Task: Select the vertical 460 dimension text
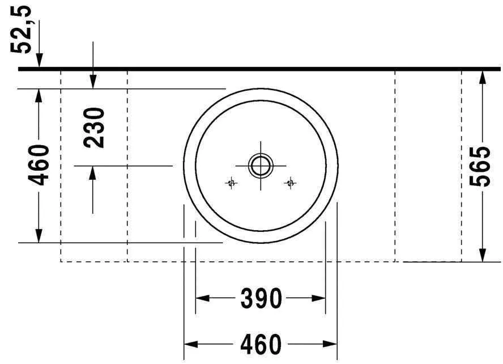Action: [39, 165]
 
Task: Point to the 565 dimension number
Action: [480, 166]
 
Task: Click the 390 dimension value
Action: [261, 298]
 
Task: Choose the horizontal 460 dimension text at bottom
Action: [261, 344]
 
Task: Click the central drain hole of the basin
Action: [261, 166]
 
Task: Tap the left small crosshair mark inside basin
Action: [231, 183]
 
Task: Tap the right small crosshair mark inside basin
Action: [291, 183]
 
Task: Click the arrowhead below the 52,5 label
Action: [39, 61]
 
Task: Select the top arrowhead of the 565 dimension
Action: [481, 77]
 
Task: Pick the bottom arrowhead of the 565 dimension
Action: [481, 255]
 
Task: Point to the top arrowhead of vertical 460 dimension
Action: [39, 96]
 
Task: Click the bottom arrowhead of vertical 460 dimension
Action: [39, 235]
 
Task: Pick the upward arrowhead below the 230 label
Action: [93, 173]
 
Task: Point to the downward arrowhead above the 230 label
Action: [93, 82]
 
